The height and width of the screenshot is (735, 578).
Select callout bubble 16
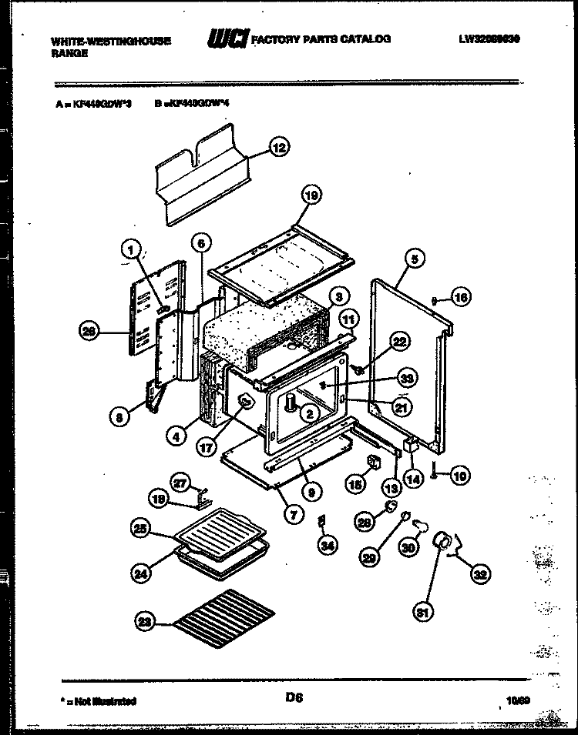[481, 297]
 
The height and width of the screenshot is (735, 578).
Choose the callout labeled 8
[118, 417]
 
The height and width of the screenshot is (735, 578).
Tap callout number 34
[328, 546]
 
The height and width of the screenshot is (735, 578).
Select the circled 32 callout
[482, 572]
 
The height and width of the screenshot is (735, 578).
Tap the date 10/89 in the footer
[518, 701]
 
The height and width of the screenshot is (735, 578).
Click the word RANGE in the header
[69, 54]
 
